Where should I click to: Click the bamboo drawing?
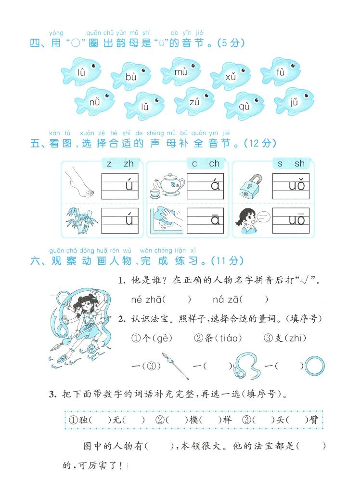79,219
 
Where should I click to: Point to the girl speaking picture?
251,220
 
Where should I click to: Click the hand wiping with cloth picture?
165,220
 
